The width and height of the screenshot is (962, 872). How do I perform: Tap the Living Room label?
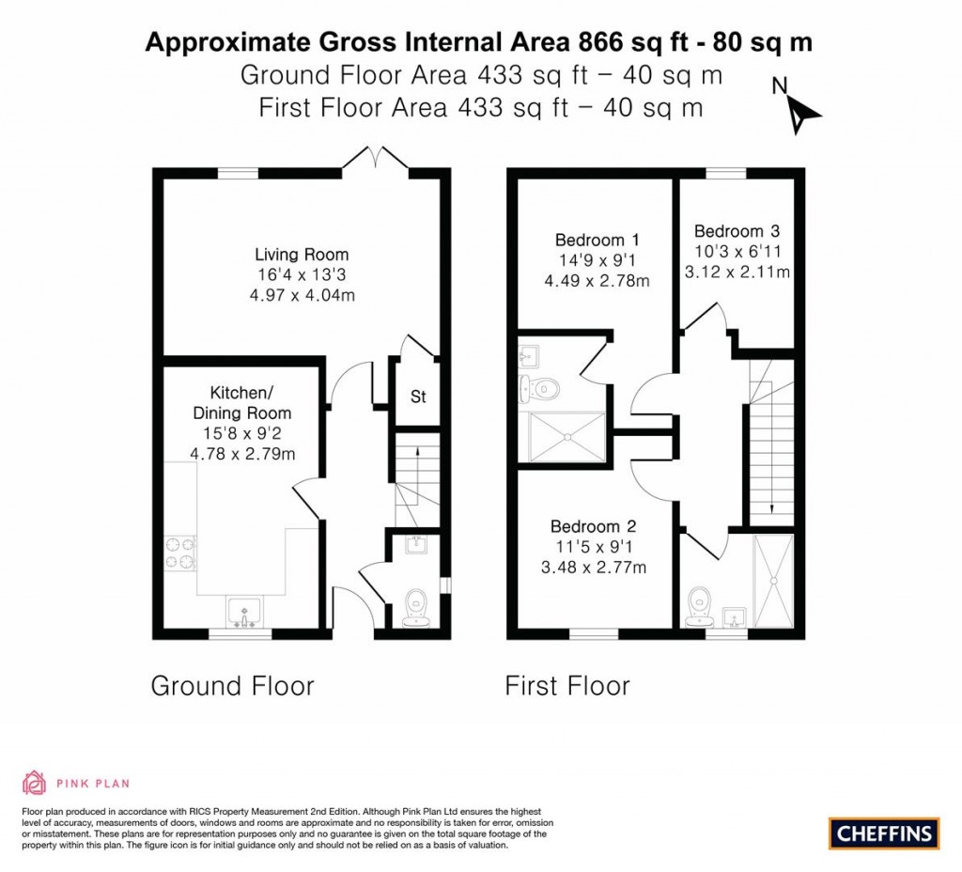pos(302,255)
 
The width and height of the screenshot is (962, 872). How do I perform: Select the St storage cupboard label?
pos(418,397)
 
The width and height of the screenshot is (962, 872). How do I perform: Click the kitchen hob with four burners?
pos(179,552)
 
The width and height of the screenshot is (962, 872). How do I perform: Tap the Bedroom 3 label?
pos(737,231)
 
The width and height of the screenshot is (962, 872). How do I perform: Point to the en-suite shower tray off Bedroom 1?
pos(566,437)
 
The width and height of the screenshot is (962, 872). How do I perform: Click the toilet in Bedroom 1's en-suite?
pos(542,386)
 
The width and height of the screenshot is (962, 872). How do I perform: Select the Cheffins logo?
pos(884,833)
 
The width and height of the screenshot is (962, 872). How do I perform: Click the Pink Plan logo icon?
pos(34,782)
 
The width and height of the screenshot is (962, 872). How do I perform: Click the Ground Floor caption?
pos(232,686)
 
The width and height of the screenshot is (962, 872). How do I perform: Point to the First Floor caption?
pos(567,686)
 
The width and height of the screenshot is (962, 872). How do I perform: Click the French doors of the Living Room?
pos(376,162)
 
